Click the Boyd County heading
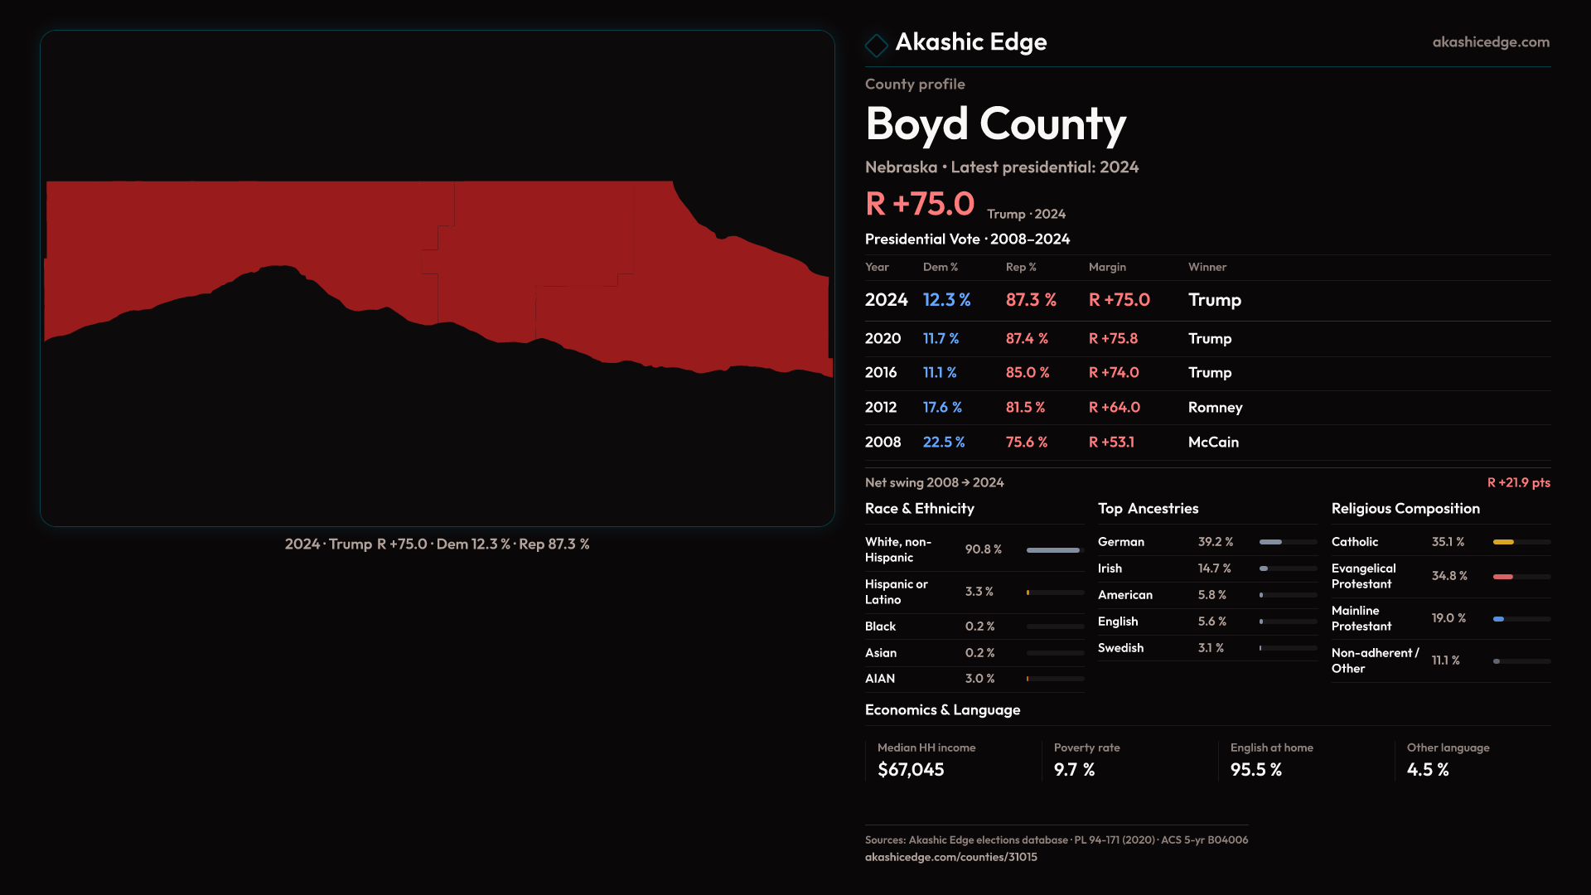[995, 124]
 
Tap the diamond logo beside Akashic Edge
[876, 45]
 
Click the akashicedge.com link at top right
[1490, 41]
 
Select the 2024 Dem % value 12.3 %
[946, 300]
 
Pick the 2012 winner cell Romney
[1215, 408]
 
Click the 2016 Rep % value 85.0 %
[1028, 373]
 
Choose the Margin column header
[1107, 267]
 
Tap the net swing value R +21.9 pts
[1518, 482]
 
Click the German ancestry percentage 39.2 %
[1216, 542]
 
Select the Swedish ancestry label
[1120, 648]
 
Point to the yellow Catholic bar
[1503, 542]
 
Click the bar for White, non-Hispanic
[1053, 549]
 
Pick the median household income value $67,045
[911, 770]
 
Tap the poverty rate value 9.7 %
[1074, 770]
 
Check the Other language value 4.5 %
[1428, 770]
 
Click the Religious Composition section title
[1405, 509]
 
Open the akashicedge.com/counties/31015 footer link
[950, 857]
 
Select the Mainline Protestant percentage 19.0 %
[1448, 618]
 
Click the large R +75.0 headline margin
[920, 204]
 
